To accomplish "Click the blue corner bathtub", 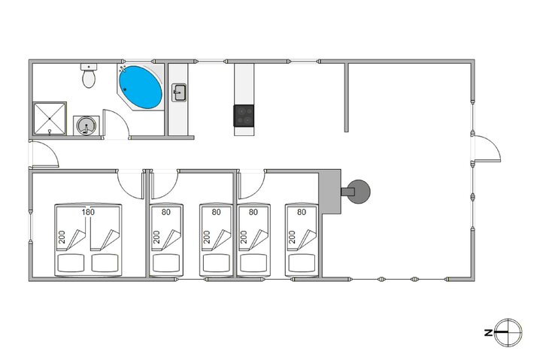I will tap(141, 87).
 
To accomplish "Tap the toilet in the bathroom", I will tap(89, 76).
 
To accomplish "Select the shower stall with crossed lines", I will tap(50, 117).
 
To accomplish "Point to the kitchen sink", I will tap(180, 92).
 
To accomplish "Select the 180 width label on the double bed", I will tap(88, 213).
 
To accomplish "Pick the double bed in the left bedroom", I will tap(88, 239).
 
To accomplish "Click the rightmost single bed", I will tap(301, 239).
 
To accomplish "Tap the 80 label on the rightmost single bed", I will tap(302, 213).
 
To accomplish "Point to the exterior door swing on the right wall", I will tap(486, 146).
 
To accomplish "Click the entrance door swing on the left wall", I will tap(44, 154).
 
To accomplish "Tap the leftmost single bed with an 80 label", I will tap(166, 239).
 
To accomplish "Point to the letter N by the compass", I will tap(489, 331).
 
